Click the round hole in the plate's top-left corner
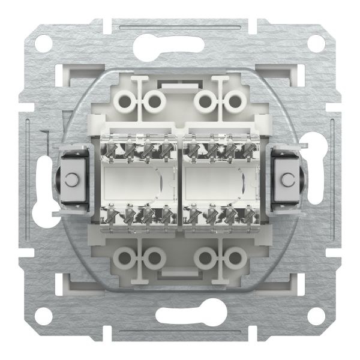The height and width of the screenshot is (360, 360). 43,43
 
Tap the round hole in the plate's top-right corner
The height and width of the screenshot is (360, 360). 316,43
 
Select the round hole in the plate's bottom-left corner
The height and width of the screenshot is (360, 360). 43,316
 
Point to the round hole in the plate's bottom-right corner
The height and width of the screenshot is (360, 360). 316,316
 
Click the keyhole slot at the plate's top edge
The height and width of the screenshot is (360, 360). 180,44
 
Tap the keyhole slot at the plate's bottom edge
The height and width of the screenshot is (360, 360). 180,316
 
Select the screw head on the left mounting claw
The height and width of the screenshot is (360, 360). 71,179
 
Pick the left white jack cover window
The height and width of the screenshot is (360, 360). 134,179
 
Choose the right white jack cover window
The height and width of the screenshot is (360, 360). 226,179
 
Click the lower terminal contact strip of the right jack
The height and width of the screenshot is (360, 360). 226,214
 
